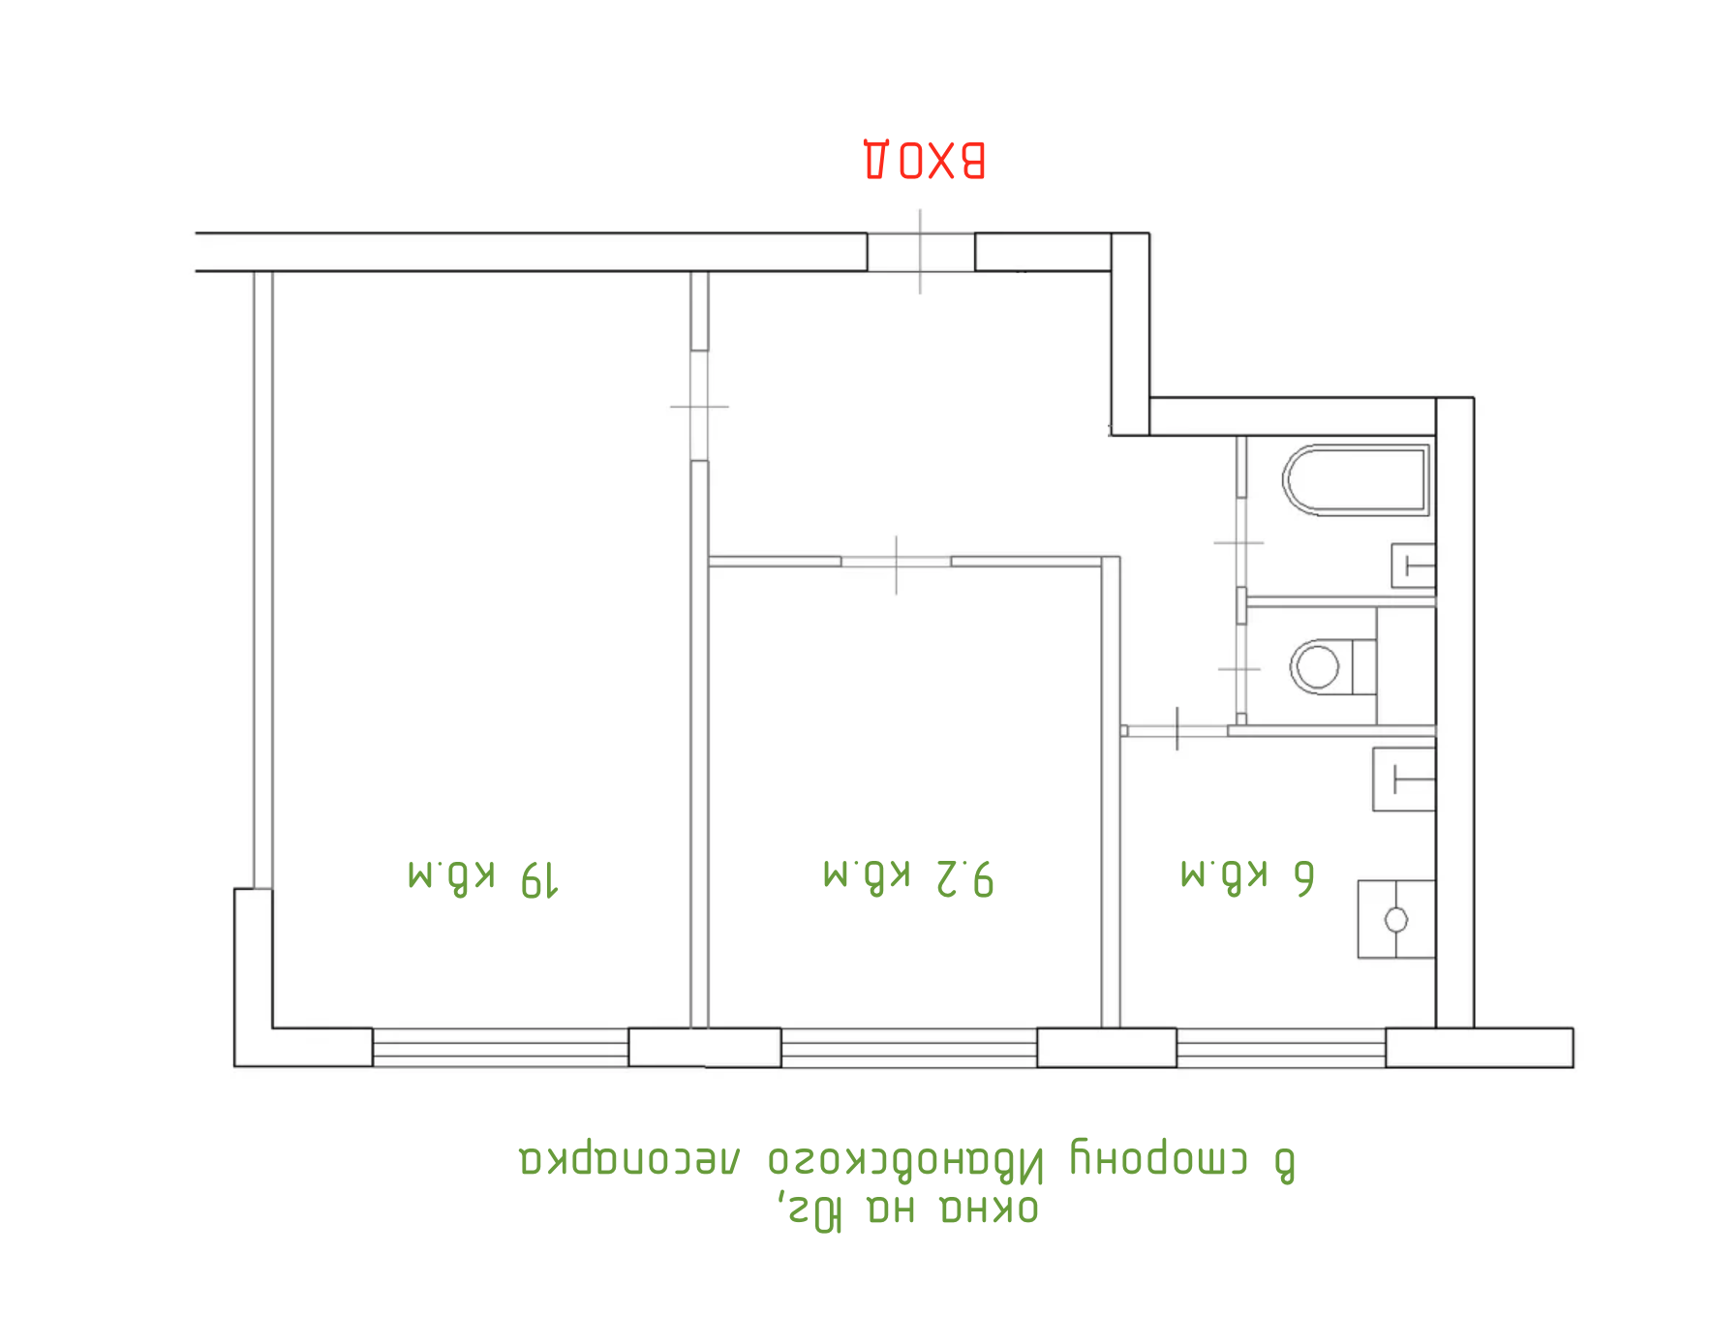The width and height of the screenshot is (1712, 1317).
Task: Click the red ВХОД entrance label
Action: tap(924, 161)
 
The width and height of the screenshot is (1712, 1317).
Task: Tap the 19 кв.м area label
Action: tap(483, 877)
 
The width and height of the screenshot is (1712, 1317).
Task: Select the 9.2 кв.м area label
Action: tap(908, 876)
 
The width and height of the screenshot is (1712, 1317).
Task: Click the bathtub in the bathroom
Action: tap(1356, 480)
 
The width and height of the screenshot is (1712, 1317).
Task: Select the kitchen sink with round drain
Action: tap(1395, 919)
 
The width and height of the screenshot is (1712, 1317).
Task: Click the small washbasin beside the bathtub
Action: tap(1413, 566)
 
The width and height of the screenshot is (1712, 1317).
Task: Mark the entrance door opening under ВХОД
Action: tap(920, 252)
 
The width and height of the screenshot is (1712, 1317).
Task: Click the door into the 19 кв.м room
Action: tap(699, 406)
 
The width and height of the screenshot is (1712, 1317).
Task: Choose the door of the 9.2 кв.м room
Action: tap(896, 562)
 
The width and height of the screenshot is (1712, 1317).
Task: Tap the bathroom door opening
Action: tap(1240, 543)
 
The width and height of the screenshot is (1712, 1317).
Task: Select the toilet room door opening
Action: tap(1240, 668)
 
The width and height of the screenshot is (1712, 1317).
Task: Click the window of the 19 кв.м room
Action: tap(501, 1048)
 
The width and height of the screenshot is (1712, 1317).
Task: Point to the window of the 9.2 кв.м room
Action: tap(908, 1048)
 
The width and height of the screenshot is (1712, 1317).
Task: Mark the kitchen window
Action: tap(1280, 1048)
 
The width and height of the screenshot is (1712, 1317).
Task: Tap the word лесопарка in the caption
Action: tap(630, 1159)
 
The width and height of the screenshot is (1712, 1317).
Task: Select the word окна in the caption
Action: tap(989, 1209)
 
